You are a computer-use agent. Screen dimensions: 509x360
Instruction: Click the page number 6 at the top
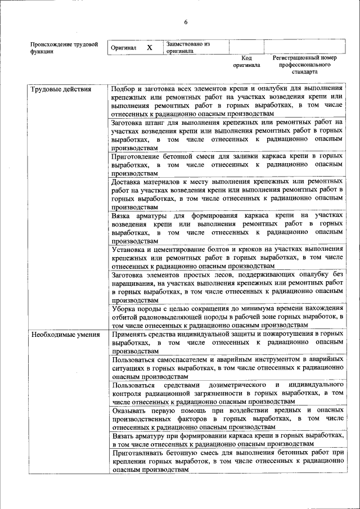[x=185, y=22]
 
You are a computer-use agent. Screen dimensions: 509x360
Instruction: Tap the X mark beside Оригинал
[x=150, y=48]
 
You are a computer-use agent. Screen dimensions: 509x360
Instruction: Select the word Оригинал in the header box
[x=124, y=48]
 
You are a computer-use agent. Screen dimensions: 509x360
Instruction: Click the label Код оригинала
[x=246, y=61]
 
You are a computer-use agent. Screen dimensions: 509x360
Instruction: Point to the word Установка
[x=130, y=248]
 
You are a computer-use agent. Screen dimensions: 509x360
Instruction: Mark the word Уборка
[x=125, y=309]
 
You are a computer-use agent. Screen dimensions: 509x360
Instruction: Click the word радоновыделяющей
[x=172, y=317]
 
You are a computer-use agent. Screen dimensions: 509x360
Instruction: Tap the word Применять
[x=131, y=334]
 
